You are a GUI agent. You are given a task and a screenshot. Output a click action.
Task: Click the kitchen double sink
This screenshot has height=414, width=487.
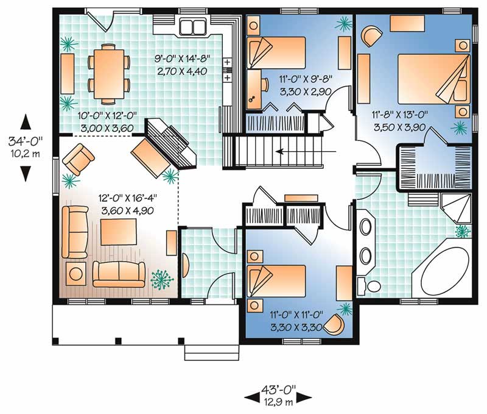(193, 27)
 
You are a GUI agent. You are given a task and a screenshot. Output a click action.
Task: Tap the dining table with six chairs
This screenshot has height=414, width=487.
(109, 73)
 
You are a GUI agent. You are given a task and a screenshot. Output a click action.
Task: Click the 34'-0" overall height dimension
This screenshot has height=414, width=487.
(25, 147)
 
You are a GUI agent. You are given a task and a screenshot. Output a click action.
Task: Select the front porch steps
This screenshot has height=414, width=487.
(207, 352)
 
